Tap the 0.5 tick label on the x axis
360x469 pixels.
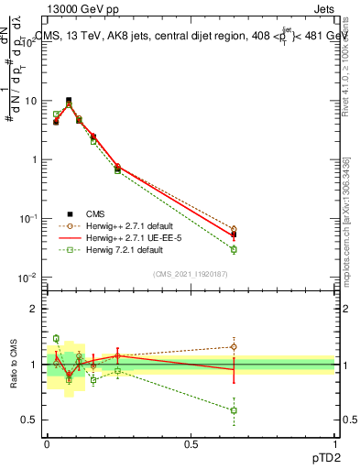[x=191, y=442]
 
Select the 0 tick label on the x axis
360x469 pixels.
[x=47, y=442]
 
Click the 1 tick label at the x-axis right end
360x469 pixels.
[x=334, y=442]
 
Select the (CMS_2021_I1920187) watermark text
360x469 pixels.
[x=190, y=274]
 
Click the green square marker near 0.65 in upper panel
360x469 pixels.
[x=234, y=249]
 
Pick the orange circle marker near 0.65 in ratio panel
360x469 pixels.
[x=234, y=347]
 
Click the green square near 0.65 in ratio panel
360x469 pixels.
[x=234, y=410]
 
